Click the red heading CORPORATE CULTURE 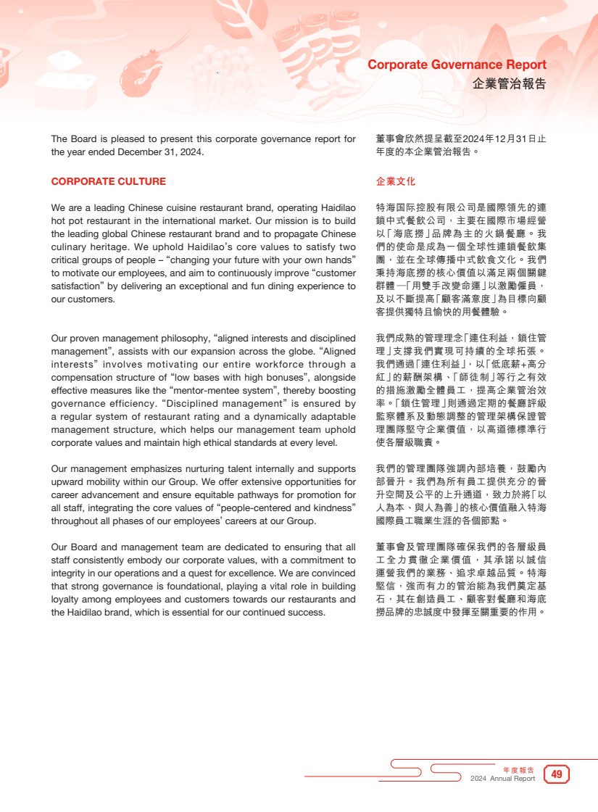[x=108, y=182]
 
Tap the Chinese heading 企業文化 [x=396, y=182]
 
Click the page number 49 [x=557, y=774]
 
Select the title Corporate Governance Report [x=457, y=65]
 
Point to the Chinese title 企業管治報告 [x=509, y=83]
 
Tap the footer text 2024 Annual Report [x=502, y=779]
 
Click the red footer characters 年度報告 [x=518, y=769]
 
